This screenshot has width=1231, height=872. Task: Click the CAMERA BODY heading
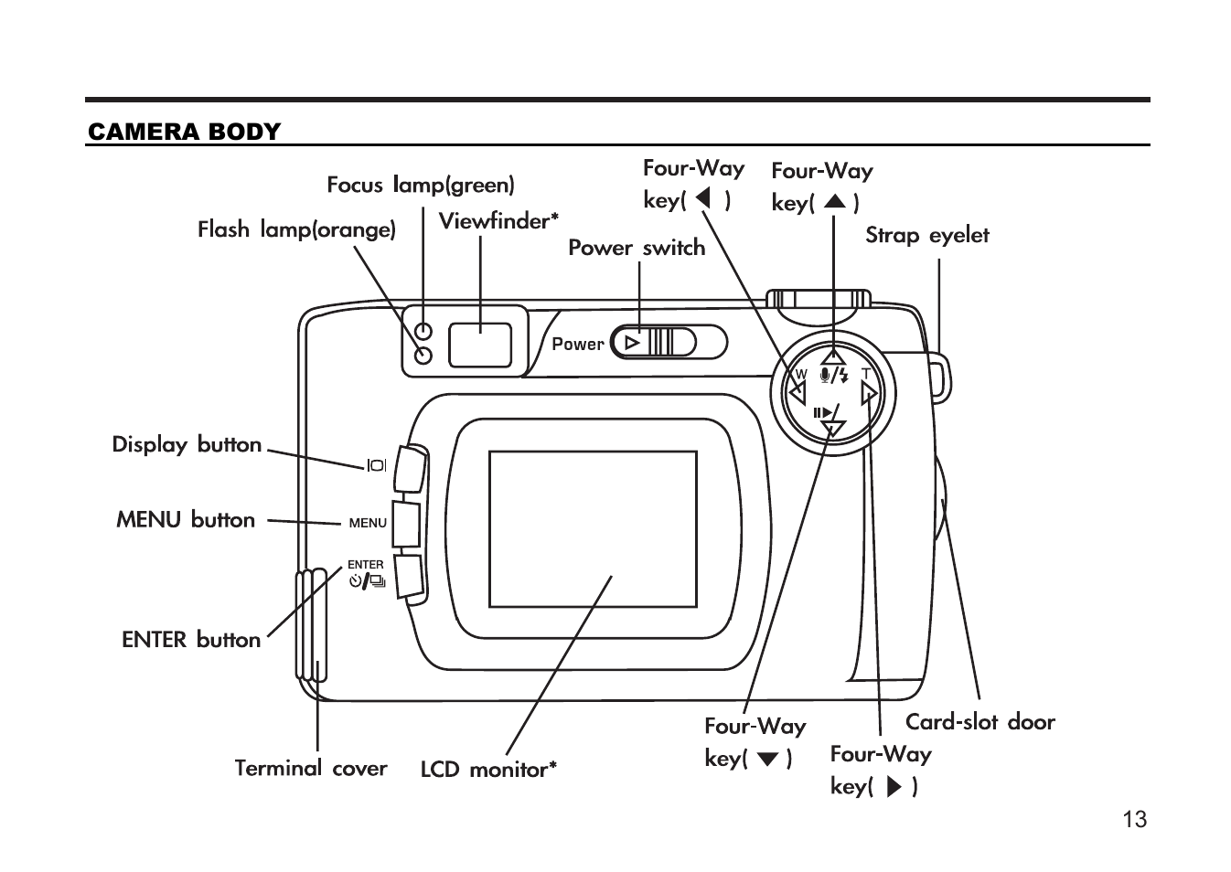pos(184,132)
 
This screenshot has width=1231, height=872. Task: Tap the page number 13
pos(1134,819)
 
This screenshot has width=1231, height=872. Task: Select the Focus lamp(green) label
pos(421,186)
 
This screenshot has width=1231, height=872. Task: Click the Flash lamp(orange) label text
pos(296,229)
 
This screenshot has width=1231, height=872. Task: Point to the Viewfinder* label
pos(498,221)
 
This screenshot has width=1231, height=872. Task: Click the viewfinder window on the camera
pos(480,345)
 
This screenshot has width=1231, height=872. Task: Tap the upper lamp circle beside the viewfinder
pos(423,331)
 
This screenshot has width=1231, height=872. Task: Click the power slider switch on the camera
pos(654,343)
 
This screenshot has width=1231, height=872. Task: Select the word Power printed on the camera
pos(577,345)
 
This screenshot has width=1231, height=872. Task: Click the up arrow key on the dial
pos(832,356)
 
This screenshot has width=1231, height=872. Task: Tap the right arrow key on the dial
pos(869,394)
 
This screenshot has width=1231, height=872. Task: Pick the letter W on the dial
pos(801,375)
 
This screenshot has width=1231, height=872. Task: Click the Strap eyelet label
pos(926,236)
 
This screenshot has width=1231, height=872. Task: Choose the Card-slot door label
pos(979,722)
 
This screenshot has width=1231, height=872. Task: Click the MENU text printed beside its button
pos(368,523)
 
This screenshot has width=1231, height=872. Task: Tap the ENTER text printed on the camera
pos(365,565)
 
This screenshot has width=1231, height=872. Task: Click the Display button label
pos(187,445)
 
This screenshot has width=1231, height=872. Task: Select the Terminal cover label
pos(310,769)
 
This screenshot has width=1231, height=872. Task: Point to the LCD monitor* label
pos(488,770)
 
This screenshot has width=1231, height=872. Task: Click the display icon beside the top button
pos(376,466)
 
